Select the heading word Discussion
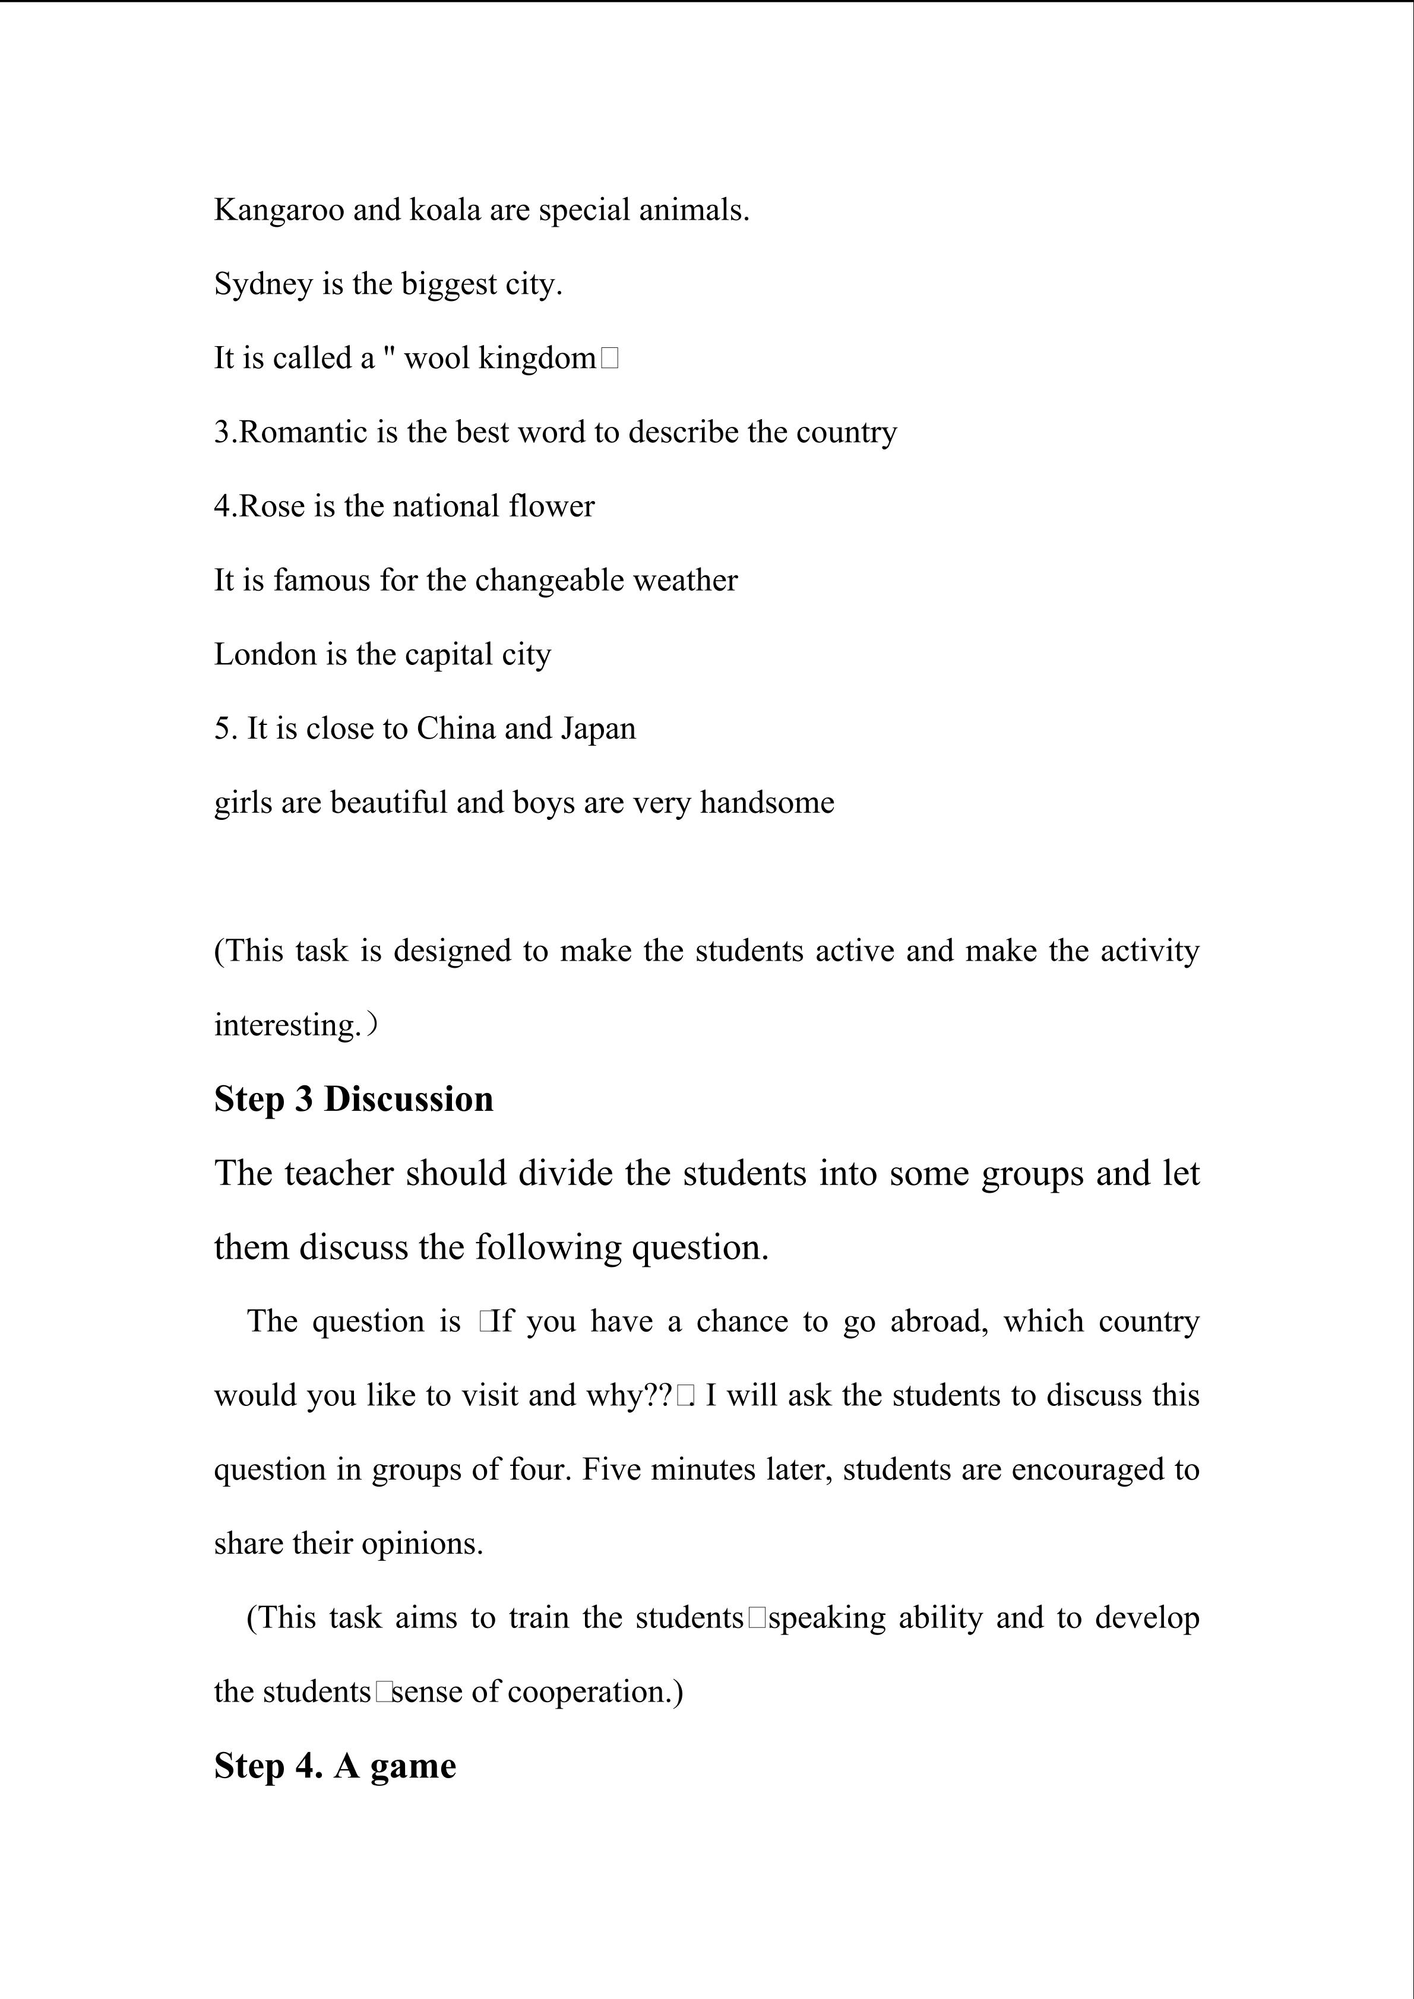[409, 1100]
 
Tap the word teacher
[336, 1174]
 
